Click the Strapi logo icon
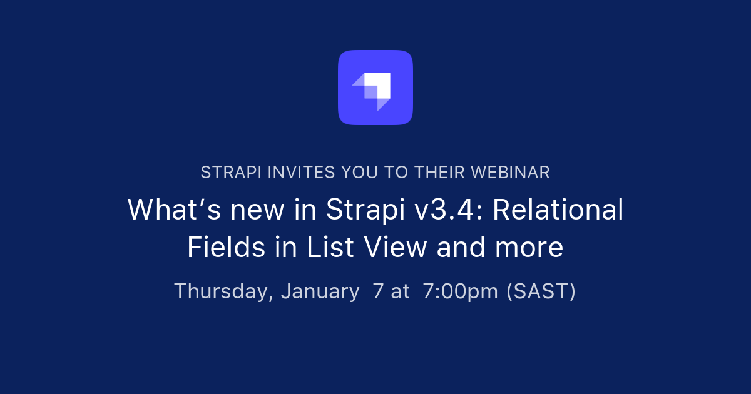click(375, 88)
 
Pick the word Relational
click(558, 210)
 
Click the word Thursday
click(223, 291)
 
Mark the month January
click(320, 291)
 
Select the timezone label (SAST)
click(541, 291)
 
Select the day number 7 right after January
click(377, 291)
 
